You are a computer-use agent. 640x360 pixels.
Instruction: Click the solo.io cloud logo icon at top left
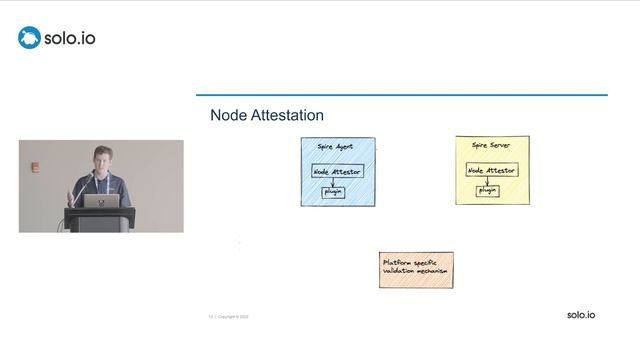29,38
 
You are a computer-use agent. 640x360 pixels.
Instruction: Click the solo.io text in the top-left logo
70,39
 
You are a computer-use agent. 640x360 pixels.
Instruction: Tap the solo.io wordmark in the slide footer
580,315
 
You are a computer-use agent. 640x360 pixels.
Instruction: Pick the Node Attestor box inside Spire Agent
337,171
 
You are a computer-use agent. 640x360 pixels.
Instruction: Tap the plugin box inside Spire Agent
333,191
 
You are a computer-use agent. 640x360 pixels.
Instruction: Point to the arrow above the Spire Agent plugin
333,182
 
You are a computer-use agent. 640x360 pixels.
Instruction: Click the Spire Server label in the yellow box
492,146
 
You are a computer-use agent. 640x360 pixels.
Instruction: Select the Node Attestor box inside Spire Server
491,170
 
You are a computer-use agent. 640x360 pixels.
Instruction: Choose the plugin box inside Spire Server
487,190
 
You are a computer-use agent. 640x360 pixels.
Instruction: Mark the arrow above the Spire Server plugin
487,181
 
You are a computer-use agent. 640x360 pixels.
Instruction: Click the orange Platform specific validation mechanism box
416,269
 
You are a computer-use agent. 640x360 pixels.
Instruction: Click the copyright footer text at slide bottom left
229,316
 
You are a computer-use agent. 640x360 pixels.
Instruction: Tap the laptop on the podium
101,200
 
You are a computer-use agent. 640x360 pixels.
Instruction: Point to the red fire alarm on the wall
35,167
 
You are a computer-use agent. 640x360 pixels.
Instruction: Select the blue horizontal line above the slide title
401,95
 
